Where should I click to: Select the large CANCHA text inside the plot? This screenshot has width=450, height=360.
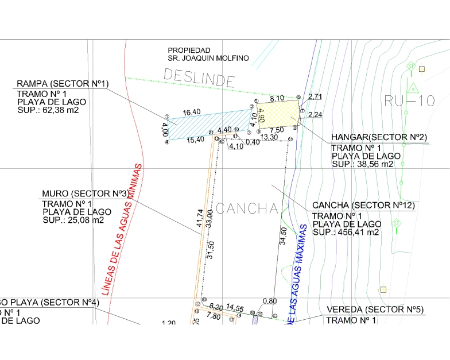point(247,208)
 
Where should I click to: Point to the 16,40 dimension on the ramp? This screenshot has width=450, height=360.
point(191,112)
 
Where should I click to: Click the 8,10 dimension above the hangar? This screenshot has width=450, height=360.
point(277,98)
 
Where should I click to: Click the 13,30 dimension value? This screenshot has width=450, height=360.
point(269,137)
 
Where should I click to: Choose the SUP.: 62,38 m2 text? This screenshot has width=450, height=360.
point(48,110)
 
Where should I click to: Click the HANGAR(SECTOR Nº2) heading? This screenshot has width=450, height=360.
point(379,138)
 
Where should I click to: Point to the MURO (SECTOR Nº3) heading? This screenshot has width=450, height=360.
point(85,193)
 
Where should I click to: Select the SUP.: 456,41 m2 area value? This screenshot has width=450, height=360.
point(346,232)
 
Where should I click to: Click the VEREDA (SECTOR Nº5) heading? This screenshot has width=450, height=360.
point(375,309)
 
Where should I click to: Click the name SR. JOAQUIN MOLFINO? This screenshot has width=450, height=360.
point(208,58)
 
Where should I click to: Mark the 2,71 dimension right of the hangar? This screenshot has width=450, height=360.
point(316,96)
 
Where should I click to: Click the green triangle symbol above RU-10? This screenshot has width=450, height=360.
point(413,88)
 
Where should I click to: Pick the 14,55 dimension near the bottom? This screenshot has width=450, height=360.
point(235,308)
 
